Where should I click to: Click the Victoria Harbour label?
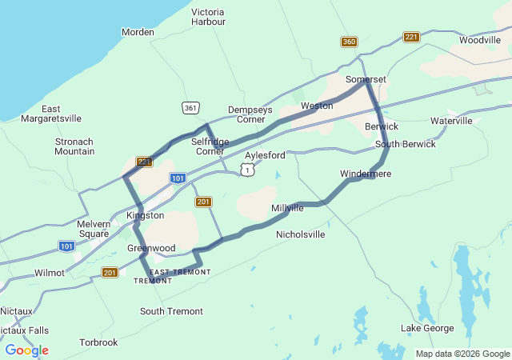[x=208, y=17]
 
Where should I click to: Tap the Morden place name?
[x=137, y=32]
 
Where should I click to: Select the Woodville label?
[x=480, y=40]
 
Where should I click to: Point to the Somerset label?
[x=366, y=80]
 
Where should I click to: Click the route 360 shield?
[x=348, y=42]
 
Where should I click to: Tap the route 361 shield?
[x=190, y=107]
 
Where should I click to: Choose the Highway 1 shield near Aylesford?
[x=248, y=170]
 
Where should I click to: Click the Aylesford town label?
[x=265, y=155]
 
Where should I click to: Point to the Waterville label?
[x=451, y=121]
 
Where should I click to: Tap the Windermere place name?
[x=366, y=174]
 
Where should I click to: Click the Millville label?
[x=287, y=208]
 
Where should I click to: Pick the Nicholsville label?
[x=300, y=235]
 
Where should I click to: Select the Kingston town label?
[x=145, y=216]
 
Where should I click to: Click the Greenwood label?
[x=151, y=249]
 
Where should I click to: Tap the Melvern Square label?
[x=94, y=229]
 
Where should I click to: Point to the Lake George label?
[x=427, y=329]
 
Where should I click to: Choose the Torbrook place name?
[x=98, y=342]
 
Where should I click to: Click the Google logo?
[x=26, y=350]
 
